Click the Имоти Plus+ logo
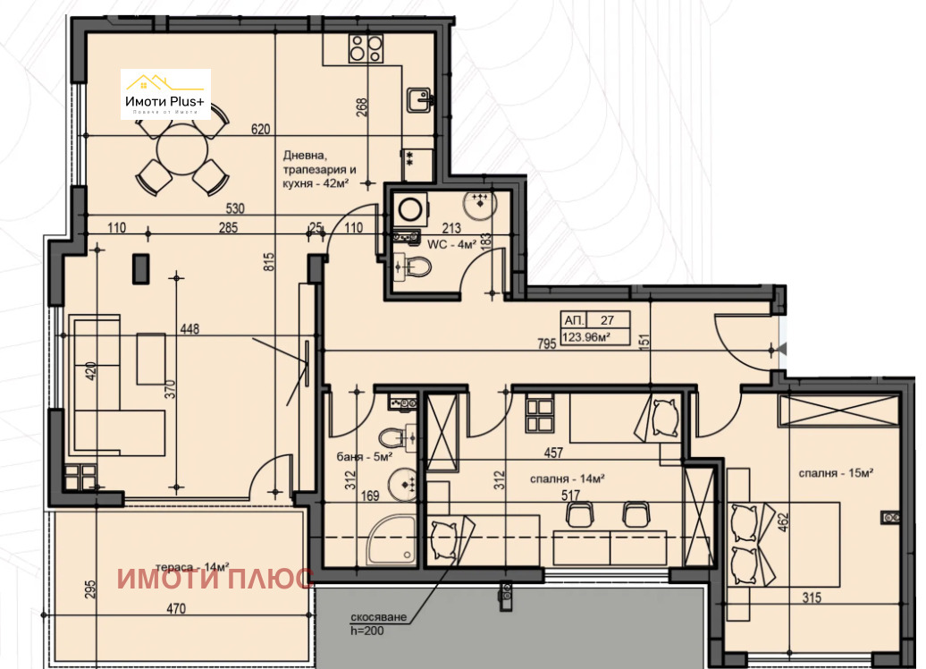point(165,94)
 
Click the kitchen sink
point(417,98)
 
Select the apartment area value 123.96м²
point(586,337)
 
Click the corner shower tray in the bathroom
point(391,542)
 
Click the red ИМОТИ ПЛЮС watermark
point(215,579)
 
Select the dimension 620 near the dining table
point(260,130)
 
